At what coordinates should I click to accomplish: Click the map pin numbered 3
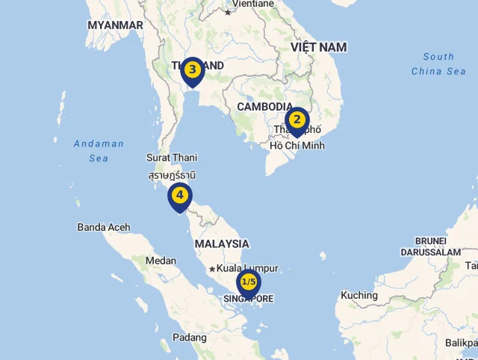[x=192, y=71]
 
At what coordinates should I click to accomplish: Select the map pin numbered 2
[x=297, y=120]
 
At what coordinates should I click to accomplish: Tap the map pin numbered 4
[x=179, y=196]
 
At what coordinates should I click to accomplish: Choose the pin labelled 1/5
[x=249, y=282]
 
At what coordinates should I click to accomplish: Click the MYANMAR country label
[x=115, y=25]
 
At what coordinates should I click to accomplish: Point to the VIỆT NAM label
[x=319, y=47]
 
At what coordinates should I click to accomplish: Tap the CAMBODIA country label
[x=265, y=107]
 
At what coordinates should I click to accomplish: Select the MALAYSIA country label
[x=222, y=243]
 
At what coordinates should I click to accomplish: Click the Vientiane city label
[x=253, y=4]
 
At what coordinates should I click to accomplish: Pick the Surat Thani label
[x=172, y=158]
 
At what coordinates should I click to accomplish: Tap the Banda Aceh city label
[x=104, y=227]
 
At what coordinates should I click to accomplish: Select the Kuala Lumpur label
[x=248, y=268]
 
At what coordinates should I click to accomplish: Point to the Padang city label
[x=190, y=338]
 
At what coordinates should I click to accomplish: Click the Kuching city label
[x=359, y=295]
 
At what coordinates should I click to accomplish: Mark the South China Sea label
[x=438, y=63]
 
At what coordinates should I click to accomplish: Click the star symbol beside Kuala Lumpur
[x=212, y=269]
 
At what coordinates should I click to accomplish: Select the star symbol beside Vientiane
[x=228, y=12]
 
